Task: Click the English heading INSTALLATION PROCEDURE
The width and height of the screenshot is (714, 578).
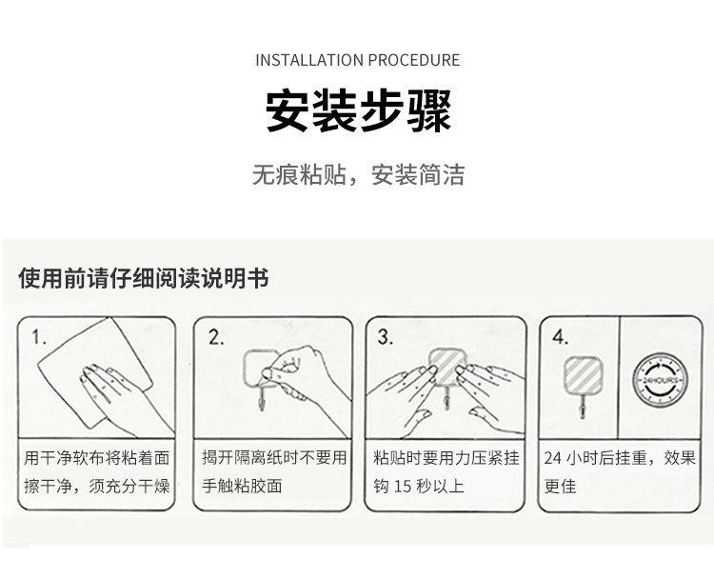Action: click(357, 60)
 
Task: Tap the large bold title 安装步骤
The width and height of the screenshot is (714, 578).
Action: click(358, 110)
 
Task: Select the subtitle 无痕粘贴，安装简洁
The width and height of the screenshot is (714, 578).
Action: click(358, 174)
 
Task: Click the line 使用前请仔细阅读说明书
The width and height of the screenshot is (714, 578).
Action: click(144, 278)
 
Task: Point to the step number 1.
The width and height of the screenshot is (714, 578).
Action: click(39, 337)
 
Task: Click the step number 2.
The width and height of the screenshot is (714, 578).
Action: click(216, 337)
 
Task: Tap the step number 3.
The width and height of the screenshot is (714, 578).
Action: click(386, 337)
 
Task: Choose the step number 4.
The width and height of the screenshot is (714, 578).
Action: click(560, 337)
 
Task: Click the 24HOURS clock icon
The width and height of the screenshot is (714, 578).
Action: click(661, 380)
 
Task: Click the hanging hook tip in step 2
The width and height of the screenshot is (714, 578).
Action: click(262, 404)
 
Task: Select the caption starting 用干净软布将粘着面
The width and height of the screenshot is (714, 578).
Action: click(96, 472)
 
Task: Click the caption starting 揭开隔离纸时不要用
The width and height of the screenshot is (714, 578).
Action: click(274, 472)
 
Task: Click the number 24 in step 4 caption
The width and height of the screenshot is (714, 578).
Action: click(553, 458)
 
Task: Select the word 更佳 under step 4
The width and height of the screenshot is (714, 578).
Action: click(560, 487)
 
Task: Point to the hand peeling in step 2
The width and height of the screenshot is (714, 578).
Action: click(305, 378)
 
